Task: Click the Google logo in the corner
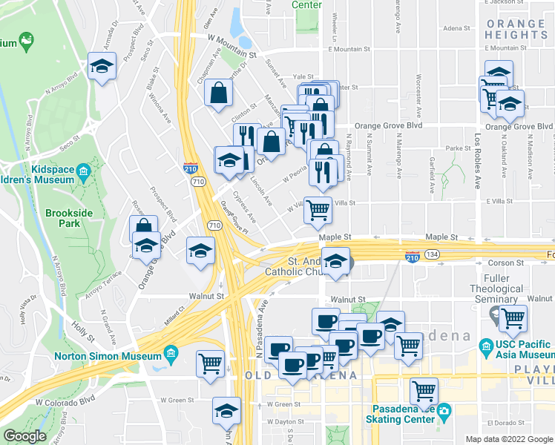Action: tap(24, 436)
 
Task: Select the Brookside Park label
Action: tap(62, 217)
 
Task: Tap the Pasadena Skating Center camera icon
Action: tap(444, 410)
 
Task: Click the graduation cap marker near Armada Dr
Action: tap(102, 66)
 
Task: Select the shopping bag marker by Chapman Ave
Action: tap(219, 93)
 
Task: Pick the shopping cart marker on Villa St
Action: tap(318, 209)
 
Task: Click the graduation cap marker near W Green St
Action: tap(226, 410)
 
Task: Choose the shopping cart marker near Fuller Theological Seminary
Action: tap(513, 318)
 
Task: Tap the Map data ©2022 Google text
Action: tap(508, 439)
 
